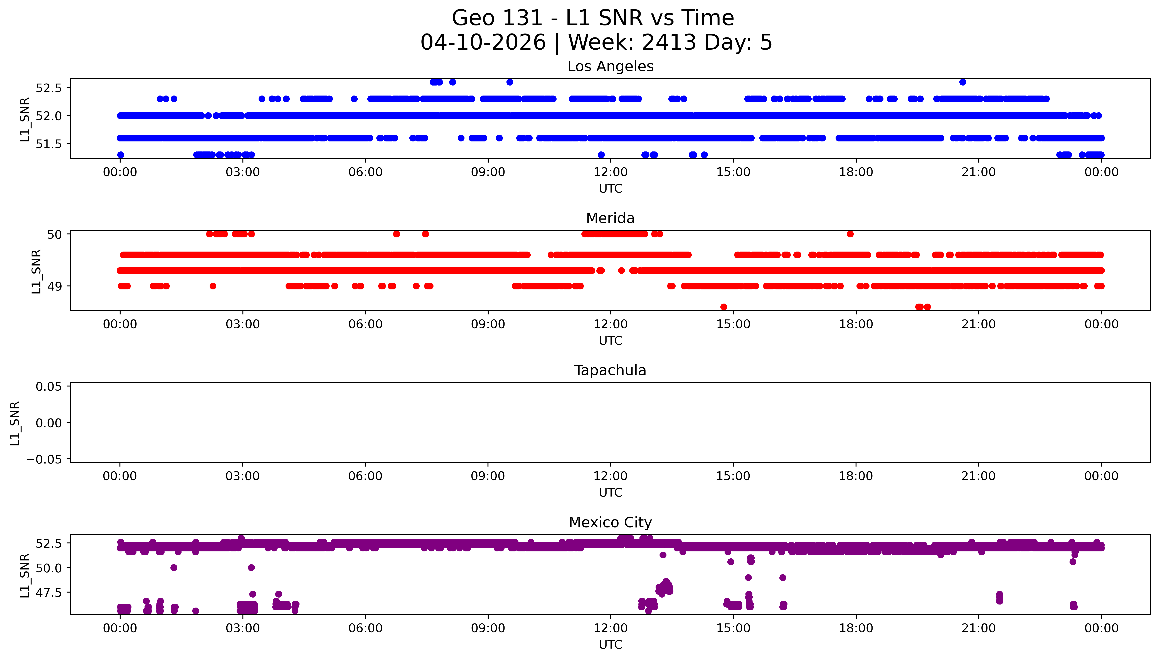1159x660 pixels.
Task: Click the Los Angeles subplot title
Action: [610, 67]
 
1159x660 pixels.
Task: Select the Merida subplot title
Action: [610, 218]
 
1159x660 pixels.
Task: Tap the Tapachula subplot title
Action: [610, 370]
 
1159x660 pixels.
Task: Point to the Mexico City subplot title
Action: [610, 523]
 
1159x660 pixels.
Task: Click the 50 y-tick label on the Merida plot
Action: [54, 234]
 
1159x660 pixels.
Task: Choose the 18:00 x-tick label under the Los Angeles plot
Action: [856, 172]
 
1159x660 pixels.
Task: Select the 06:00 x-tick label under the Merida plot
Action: [365, 324]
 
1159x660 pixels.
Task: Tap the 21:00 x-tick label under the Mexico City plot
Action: [979, 628]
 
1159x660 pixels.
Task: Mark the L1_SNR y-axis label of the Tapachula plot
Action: [15, 423]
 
